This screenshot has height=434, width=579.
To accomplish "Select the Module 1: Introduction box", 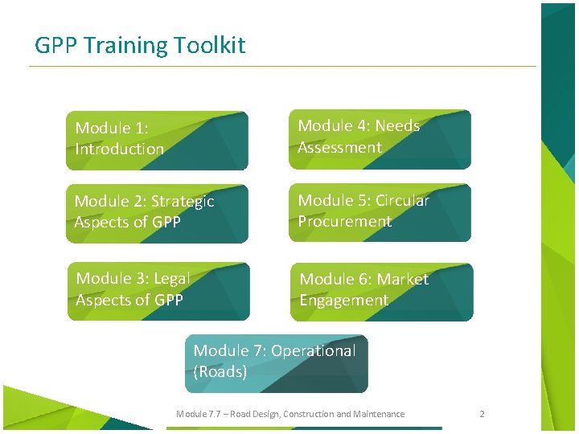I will click(157, 141).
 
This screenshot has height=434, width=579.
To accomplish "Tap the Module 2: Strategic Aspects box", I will click(157, 214).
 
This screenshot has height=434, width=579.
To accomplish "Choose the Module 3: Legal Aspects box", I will click(158, 291).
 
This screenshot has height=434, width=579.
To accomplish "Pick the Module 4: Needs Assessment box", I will click(380, 139).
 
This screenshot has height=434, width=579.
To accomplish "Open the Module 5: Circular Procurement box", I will click(380, 213).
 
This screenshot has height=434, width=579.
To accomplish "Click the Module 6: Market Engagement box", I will click(381, 291).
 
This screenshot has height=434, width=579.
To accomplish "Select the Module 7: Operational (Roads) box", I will click(276, 363).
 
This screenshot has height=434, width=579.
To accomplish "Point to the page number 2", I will click(482, 414).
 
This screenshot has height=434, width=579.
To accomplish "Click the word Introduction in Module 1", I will click(119, 149).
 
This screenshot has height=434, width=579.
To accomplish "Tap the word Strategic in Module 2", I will click(183, 201).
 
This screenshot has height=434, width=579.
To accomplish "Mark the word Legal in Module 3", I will click(171, 279).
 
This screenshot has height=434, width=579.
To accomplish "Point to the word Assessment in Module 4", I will click(339, 148).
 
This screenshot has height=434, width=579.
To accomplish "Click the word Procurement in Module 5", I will click(344, 222).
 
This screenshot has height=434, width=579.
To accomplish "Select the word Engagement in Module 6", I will click(343, 301).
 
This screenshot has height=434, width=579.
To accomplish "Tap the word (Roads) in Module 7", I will click(220, 372).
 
